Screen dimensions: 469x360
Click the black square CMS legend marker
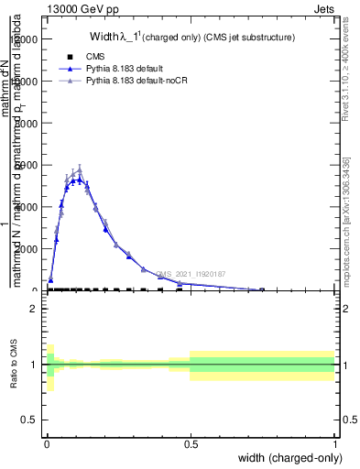[x=71, y=57]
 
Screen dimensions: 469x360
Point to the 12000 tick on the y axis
[x=27, y=39]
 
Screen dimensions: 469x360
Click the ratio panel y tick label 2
[x=34, y=309]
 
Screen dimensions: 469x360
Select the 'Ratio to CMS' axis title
[x=15, y=365]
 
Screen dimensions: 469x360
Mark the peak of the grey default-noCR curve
[x=80, y=169]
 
